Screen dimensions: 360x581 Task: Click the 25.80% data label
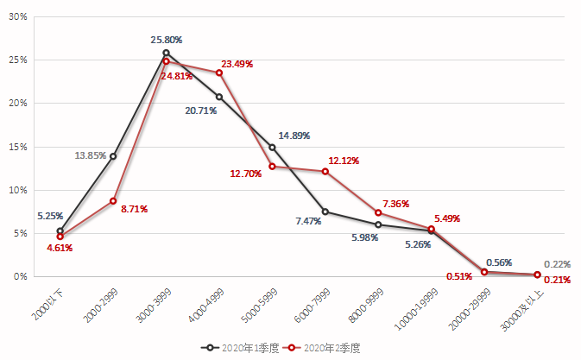click(x=166, y=40)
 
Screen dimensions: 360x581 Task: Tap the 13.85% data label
click(x=91, y=155)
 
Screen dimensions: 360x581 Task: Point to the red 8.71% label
click(x=133, y=208)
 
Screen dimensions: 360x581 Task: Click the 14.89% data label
click(x=294, y=136)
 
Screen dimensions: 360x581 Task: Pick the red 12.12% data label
click(x=344, y=161)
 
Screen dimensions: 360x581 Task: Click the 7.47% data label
click(x=308, y=221)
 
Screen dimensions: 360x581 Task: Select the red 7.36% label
click(x=395, y=203)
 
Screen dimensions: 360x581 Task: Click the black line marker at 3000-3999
click(x=166, y=53)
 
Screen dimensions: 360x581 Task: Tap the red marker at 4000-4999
click(x=219, y=73)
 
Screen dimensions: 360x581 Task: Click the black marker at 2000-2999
click(x=113, y=156)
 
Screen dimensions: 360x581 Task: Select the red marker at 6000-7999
click(x=325, y=171)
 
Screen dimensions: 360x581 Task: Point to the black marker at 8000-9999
click(x=378, y=224)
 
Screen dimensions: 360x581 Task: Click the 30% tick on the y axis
click(x=17, y=16)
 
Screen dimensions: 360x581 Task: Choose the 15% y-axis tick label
click(x=17, y=147)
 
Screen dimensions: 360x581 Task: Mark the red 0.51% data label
click(x=459, y=277)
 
